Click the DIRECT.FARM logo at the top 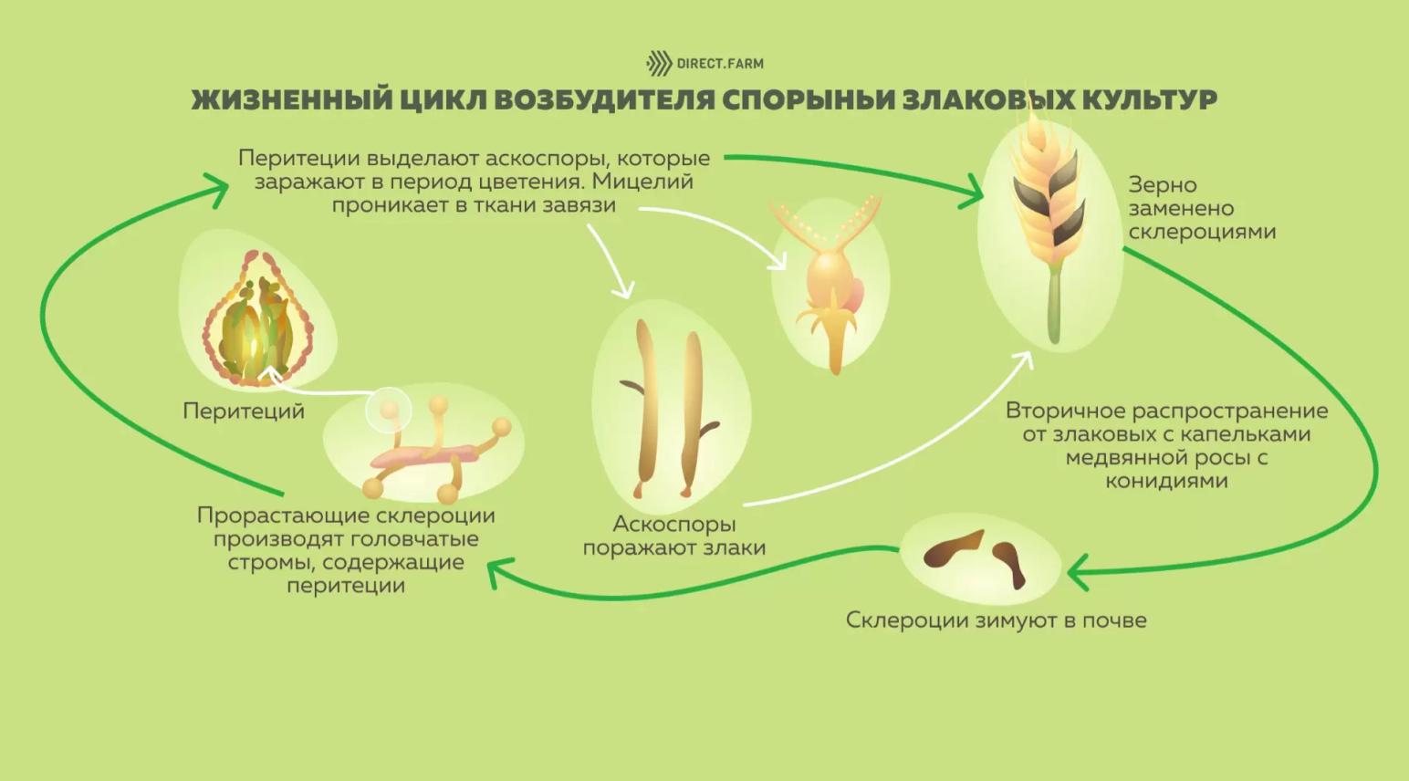point(704,63)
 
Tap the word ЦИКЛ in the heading point(441,99)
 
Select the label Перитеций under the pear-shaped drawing point(244,411)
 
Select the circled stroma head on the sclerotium point(390,409)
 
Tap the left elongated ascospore point(647,401)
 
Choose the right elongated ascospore point(690,411)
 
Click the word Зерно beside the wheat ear point(1162,185)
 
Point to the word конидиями point(1166,481)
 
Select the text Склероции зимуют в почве point(996,620)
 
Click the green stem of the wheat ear point(1055,301)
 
